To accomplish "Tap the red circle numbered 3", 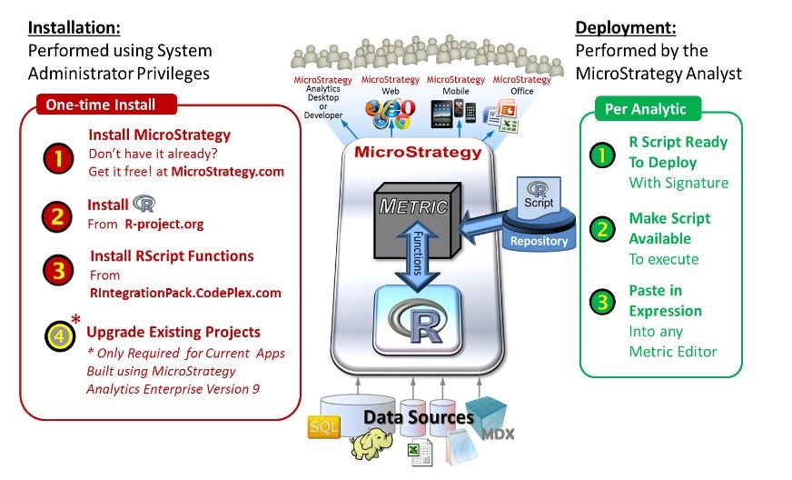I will (x=56, y=271).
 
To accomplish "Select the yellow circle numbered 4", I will (x=56, y=336).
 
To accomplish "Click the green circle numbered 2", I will (x=600, y=229).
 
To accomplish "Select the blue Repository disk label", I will (x=539, y=242).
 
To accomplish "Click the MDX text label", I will (x=496, y=434).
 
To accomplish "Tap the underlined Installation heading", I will (x=76, y=28).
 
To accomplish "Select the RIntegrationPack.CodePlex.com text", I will (x=185, y=293).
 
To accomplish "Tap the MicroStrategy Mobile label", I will (x=456, y=85).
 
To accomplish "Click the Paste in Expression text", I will (x=665, y=301).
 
